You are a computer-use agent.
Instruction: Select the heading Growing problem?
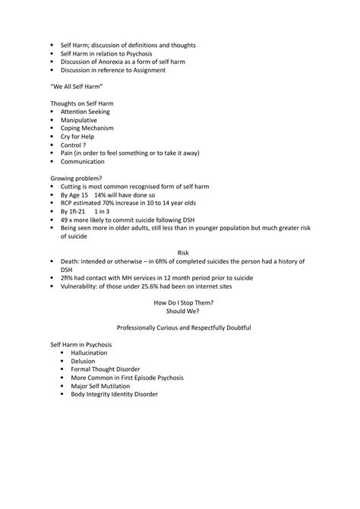75,178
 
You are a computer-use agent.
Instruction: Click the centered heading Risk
182,251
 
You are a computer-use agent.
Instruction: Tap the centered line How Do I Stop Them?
182,302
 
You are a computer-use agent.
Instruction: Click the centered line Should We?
182,310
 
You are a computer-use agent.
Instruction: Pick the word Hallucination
89,353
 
